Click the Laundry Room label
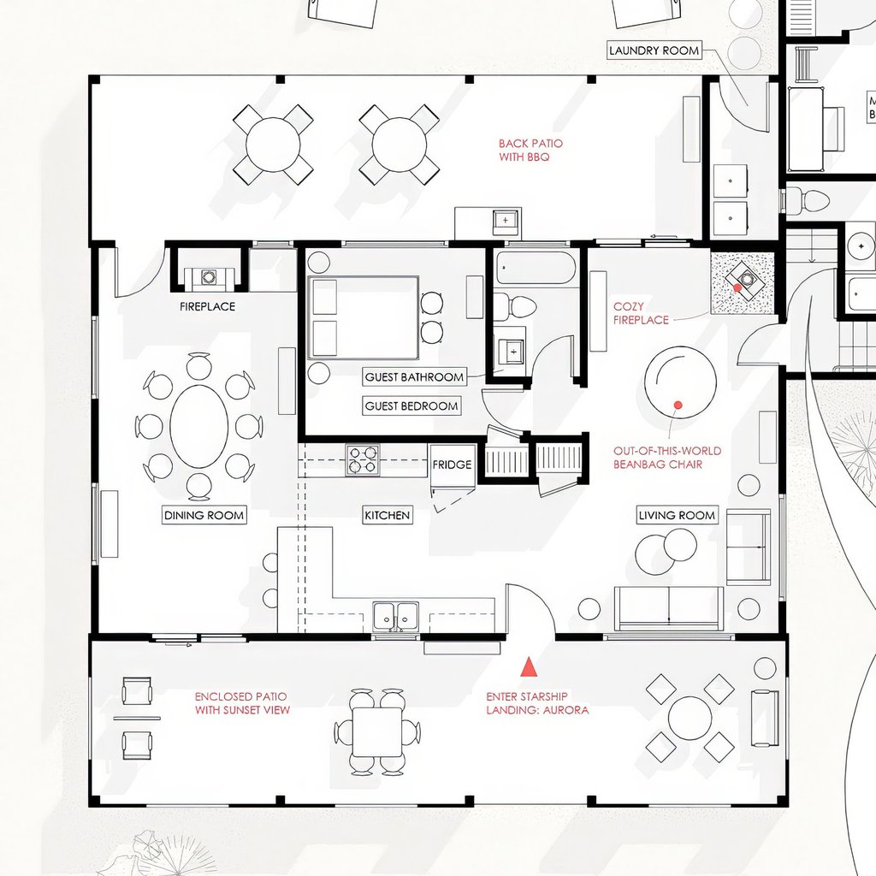tap(654, 50)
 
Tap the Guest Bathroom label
tap(414, 377)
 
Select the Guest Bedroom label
tap(411, 406)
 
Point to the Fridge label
tap(452, 465)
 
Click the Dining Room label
tap(204, 515)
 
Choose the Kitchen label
tap(388, 515)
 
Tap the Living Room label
tap(677, 515)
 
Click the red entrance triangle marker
tap(529, 667)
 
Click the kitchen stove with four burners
tap(362, 459)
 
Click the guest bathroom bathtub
tap(536, 268)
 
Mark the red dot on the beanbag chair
tap(678, 405)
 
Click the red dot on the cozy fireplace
tap(737, 287)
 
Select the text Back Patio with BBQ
tap(530, 151)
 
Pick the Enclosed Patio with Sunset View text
tap(242, 703)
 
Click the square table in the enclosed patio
tap(377, 731)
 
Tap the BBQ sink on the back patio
tap(506, 220)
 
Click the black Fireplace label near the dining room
tap(207, 306)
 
